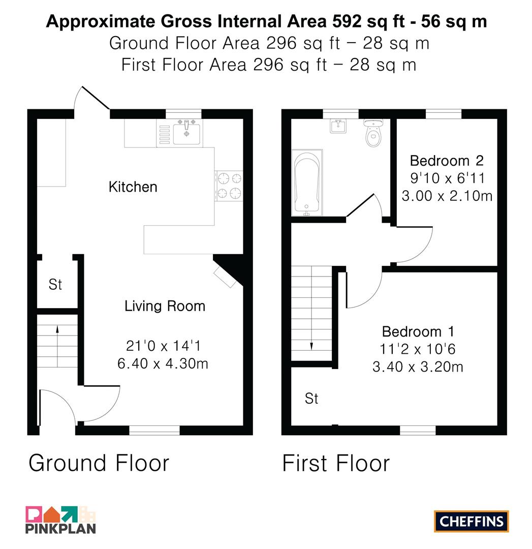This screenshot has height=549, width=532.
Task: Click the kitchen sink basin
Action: (187, 133)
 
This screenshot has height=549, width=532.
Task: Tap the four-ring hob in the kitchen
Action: (229, 186)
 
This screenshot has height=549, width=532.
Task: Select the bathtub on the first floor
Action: (307, 182)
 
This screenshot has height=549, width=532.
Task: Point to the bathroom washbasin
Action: (338, 126)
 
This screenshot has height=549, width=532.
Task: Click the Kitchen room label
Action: (133, 187)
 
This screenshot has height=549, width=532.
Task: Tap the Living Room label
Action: (165, 306)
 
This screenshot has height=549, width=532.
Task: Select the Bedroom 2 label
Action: (447, 161)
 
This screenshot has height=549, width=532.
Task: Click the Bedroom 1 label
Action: (418, 331)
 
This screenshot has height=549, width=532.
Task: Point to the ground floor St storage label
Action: (55, 284)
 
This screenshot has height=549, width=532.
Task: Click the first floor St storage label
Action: (311, 398)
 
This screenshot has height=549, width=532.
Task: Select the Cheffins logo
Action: (471, 522)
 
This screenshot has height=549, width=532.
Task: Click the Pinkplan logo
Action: (60, 520)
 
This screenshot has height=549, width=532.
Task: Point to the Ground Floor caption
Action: (99, 463)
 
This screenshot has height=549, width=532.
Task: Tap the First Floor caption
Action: (336, 463)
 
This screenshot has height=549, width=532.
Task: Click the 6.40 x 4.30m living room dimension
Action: (163, 363)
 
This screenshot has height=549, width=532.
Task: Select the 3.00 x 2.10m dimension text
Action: (447, 196)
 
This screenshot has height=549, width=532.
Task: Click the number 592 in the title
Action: (347, 21)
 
